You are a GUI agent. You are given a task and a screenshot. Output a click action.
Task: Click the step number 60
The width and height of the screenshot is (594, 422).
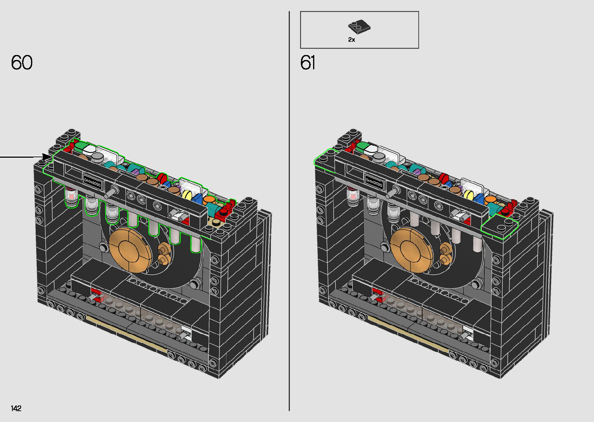pos(22,62)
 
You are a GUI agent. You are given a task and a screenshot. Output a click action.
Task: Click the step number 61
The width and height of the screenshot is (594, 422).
pos(308,62)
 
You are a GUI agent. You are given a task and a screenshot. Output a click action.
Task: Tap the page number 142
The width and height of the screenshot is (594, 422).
pos(16,408)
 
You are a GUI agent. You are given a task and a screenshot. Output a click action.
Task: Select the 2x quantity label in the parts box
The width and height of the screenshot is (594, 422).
pos(352,40)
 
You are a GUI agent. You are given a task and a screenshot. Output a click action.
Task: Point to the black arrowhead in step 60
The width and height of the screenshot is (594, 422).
pos(47,157)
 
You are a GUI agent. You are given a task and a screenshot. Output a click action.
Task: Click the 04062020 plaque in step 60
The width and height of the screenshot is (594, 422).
pos(93,182)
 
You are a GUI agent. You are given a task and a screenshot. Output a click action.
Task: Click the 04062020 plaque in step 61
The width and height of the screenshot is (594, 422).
pos(374,182)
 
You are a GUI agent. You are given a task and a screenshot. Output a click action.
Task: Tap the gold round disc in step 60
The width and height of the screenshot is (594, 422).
pos(130,250)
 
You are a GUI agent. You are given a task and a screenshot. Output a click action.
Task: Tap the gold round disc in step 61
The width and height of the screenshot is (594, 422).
pos(412,250)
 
